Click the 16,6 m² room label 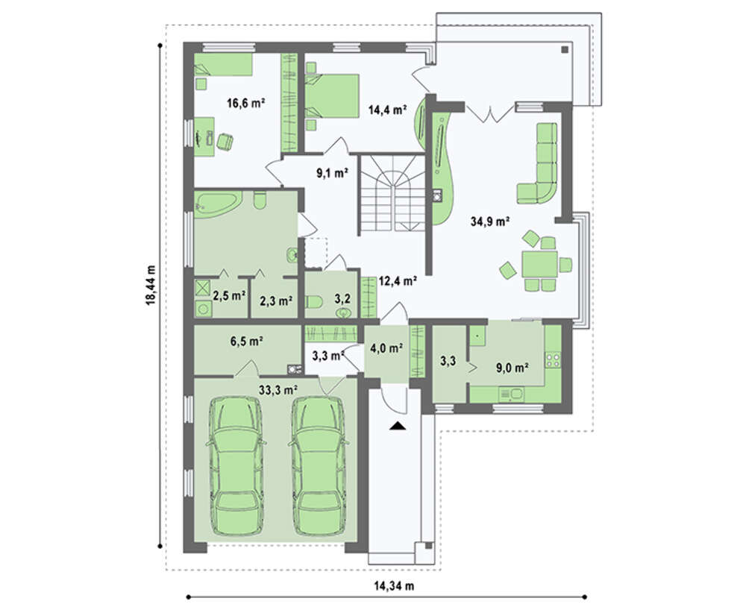click(245, 103)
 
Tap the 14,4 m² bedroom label click(387, 110)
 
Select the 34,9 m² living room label click(491, 221)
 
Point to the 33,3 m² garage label click(278, 390)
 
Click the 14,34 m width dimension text click(394, 586)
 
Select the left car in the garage click(236, 467)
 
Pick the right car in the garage click(317, 467)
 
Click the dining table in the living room click(540, 265)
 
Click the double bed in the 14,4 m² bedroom click(332, 95)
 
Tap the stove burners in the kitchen click(554, 360)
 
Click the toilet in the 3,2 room click(314, 301)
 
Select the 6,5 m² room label click(247, 341)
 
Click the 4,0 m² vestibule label click(386, 348)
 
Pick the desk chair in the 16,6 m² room click(225, 142)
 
